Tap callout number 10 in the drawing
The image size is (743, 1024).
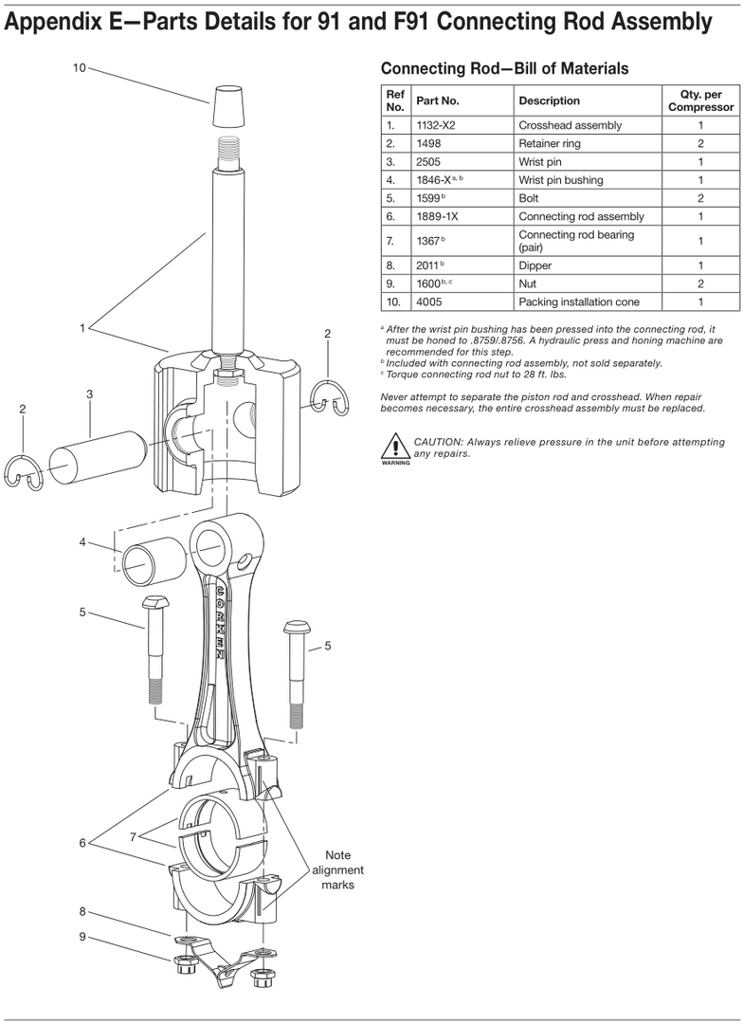[79, 68]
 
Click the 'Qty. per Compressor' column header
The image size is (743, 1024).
[700, 101]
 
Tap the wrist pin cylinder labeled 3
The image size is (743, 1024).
[100, 456]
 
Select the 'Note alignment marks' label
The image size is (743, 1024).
[337, 869]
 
